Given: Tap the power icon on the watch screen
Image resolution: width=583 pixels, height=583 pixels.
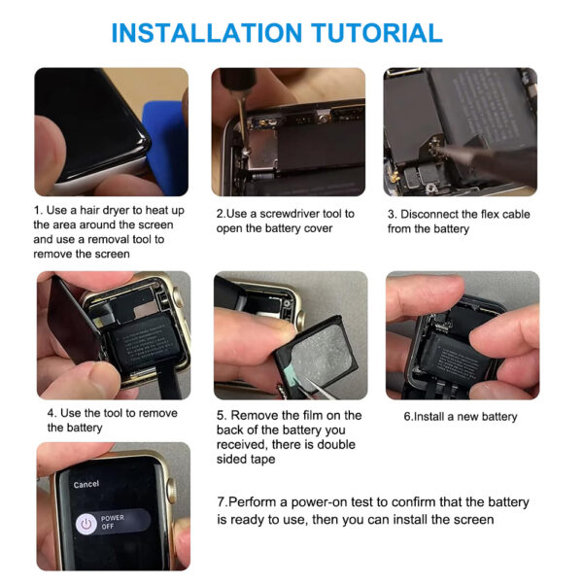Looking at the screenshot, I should [x=86, y=523].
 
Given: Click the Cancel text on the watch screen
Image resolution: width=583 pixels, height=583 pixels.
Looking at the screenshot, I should [x=86, y=484].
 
